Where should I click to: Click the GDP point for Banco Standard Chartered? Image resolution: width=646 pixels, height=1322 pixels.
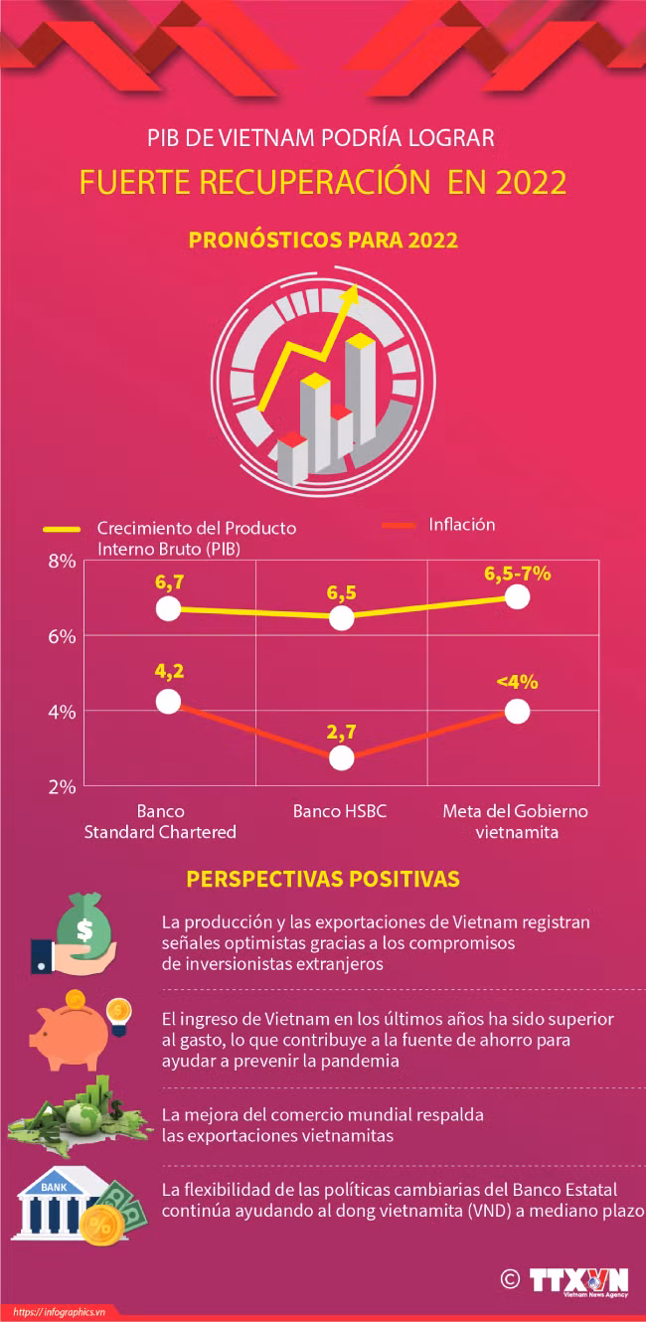click(168, 608)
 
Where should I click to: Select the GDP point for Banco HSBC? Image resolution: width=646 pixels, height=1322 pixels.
click(342, 618)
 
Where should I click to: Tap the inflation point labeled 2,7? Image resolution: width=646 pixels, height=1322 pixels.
click(342, 757)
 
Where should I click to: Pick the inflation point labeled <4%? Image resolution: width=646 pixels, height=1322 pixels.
click(518, 711)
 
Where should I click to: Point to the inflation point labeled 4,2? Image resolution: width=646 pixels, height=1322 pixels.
click(168, 701)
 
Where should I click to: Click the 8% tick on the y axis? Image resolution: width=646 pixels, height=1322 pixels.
click(62, 562)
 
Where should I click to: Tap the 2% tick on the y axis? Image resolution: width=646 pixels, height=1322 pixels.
click(62, 786)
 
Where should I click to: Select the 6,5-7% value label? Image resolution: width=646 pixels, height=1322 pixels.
click(518, 574)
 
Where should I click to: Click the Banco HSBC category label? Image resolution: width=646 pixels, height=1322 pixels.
click(340, 811)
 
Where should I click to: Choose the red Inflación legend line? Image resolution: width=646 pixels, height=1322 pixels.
click(399, 525)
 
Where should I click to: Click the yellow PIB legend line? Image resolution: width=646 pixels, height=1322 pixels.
click(62, 530)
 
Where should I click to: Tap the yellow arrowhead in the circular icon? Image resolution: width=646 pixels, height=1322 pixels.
click(352, 294)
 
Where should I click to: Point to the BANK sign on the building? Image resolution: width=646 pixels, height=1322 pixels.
click(55, 1187)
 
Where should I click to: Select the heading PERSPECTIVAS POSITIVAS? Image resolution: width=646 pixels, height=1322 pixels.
click(323, 879)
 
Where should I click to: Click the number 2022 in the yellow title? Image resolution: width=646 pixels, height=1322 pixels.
click(531, 182)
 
